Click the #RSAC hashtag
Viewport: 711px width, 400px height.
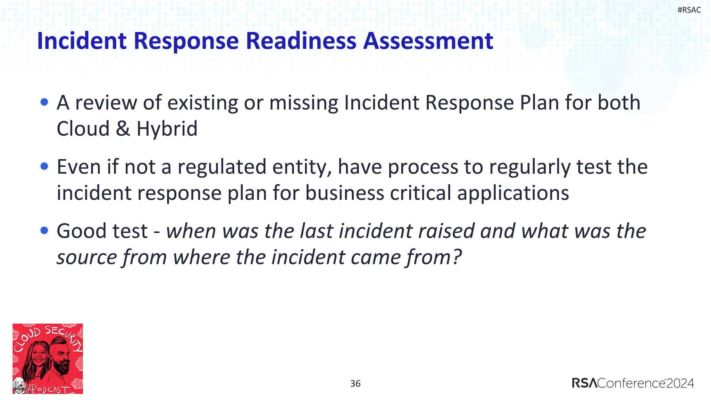point(689,10)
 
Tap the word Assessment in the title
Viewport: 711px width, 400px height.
point(428,41)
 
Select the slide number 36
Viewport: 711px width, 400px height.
point(355,383)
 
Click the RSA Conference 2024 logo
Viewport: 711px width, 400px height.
point(633,383)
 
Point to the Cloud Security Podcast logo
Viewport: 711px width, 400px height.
point(48,359)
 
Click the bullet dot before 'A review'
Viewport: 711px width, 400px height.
point(44,102)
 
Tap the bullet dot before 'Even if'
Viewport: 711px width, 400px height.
point(44,166)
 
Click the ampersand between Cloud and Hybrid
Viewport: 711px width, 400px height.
point(123,128)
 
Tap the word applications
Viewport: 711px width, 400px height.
point(513,193)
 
